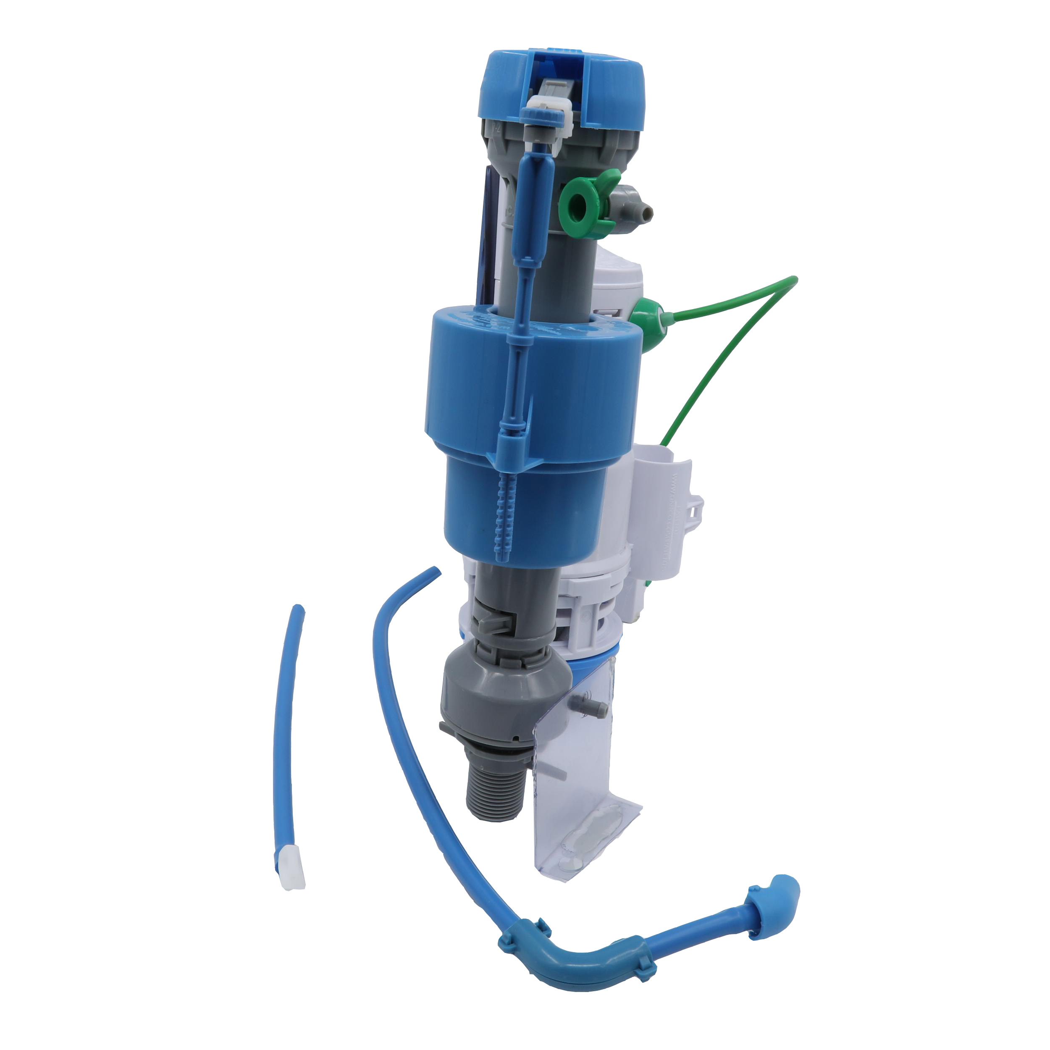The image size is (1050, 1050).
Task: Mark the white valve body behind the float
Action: click(625, 283)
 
